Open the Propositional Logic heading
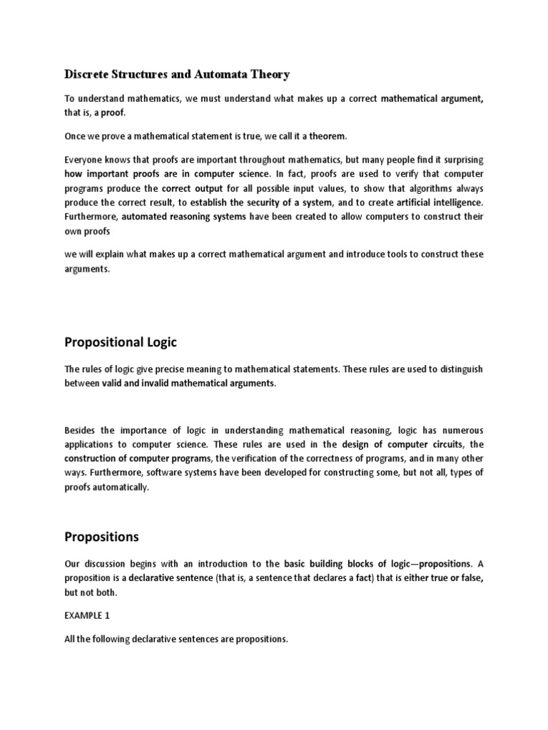click(121, 343)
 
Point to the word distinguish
click(457, 369)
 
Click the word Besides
click(83, 431)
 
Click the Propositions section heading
click(102, 535)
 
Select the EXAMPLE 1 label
click(89, 613)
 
